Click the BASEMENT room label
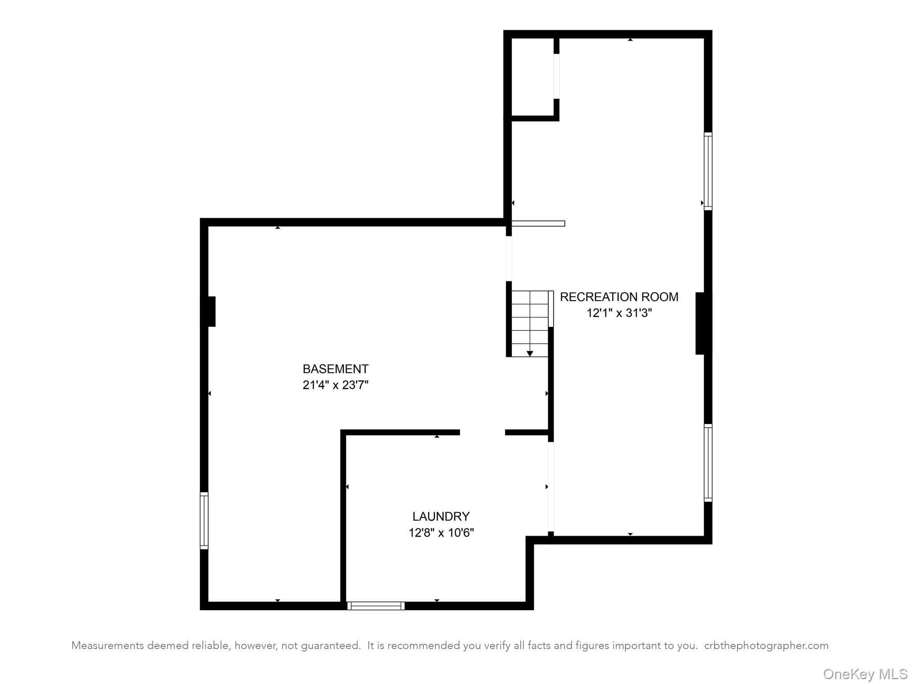pyautogui.click(x=335, y=369)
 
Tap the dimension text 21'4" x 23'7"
pyautogui.click(x=335, y=385)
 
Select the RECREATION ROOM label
pyautogui.click(x=619, y=297)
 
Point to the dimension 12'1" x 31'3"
pyautogui.click(x=619, y=313)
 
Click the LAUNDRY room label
pyautogui.click(x=440, y=516)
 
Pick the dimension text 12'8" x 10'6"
pyautogui.click(x=440, y=533)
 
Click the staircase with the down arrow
pyautogui.click(x=530, y=324)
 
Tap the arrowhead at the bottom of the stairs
pyautogui.click(x=530, y=354)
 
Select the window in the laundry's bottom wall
pyautogui.click(x=376, y=606)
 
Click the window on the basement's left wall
pyautogui.click(x=204, y=521)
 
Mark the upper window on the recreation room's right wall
pyautogui.click(x=708, y=171)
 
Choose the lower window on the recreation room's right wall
pyautogui.click(x=708, y=463)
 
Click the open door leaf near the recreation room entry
pyautogui.click(x=538, y=224)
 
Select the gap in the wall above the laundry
pyautogui.click(x=482, y=432)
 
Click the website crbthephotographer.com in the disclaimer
pyautogui.click(x=766, y=646)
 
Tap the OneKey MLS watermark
pyautogui.click(x=865, y=674)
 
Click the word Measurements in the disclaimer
pyautogui.click(x=107, y=646)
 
